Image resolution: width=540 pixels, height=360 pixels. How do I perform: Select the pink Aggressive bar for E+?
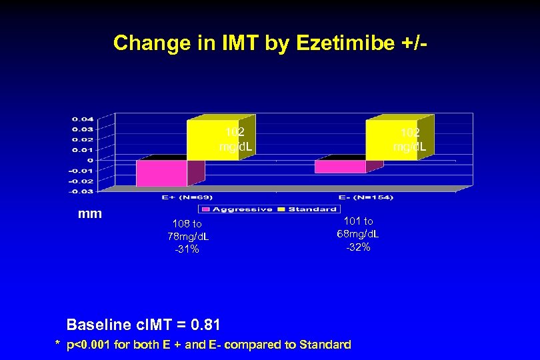[161, 173]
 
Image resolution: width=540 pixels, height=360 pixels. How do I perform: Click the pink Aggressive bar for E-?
[340, 167]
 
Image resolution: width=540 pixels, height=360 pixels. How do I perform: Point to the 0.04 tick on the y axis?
[83, 119]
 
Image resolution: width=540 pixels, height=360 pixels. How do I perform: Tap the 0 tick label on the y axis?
[90, 160]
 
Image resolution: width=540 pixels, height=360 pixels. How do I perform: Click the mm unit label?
[90, 215]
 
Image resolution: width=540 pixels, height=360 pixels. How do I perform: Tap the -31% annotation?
[187, 249]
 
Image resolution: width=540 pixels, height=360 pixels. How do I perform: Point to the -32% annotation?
[358, 247]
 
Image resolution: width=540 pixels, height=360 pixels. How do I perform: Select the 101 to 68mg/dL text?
[358, 227]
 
